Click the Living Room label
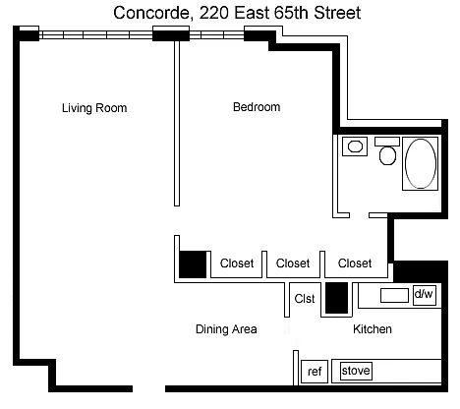(94, 108)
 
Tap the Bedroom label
(257, 107)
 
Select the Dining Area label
(226, 329)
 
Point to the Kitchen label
(373, 328)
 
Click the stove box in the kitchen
(356, 371)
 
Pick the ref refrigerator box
(315, 372)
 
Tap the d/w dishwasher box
(425, 295)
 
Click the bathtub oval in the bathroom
(421, 163)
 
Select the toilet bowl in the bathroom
(387, 155)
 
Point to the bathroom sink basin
(355, 146)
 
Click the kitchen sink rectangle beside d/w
(394, 295)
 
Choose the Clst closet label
(305, 299)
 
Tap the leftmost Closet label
(237, 263)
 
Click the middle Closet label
(293, 263)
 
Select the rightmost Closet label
(355, 263)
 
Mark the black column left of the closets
(193, 264)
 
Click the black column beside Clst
(336, 298)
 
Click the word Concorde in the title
(151, 13)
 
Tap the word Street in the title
(337, 13)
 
